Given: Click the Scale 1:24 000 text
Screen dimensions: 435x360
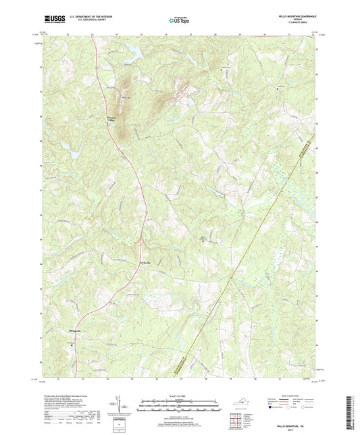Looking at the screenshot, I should point(179,396).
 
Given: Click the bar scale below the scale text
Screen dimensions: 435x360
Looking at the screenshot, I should point(179,407).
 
